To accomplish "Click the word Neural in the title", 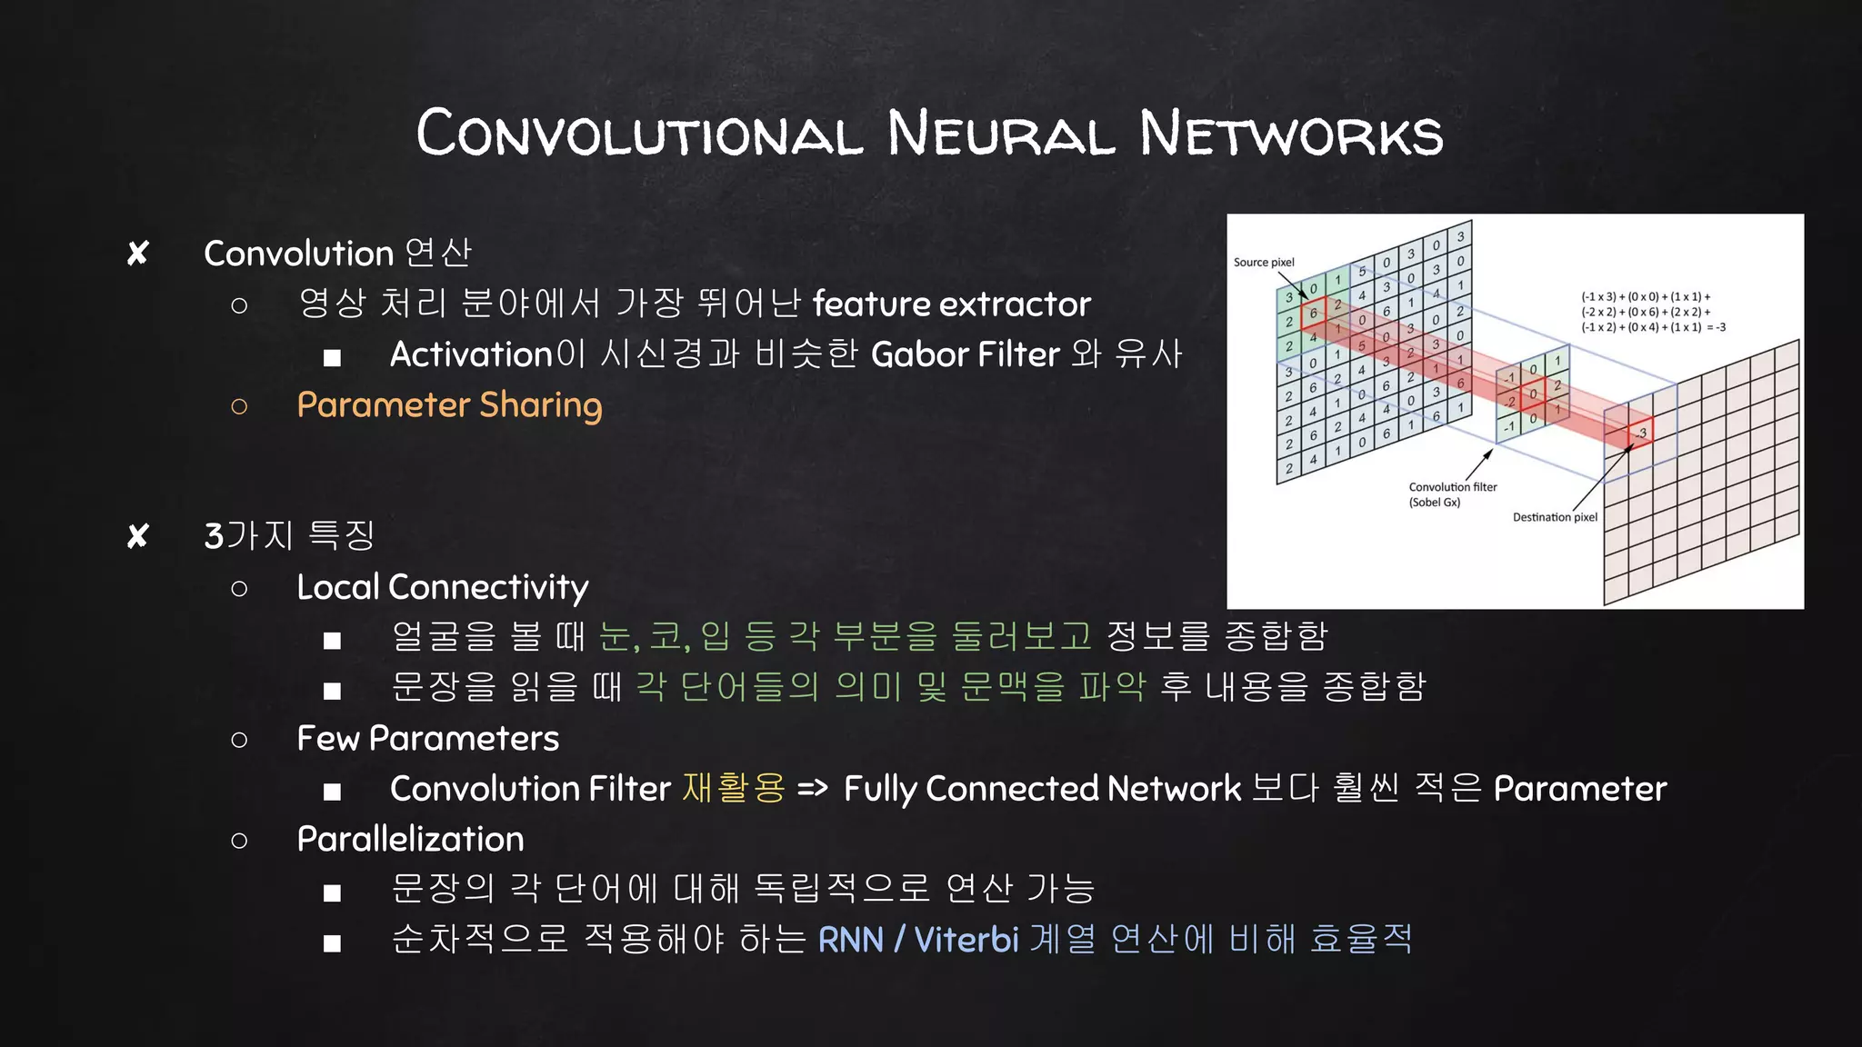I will click(x=1000, y=134).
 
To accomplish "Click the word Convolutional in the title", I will click(x=639, y=134).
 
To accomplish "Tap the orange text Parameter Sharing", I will click(x=449, y=405).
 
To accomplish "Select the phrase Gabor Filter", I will click(x=966, y=354).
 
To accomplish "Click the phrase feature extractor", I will click(x=951, y=304).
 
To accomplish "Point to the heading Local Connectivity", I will click(x=442, y=587).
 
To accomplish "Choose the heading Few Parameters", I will click(x=427, y=739).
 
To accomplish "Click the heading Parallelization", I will click(x=410, y=839).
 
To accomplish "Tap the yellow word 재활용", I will click(x=733, y=788).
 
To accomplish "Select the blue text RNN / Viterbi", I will click(x=918, y=940).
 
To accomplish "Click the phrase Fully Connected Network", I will click(x=1042, y=789).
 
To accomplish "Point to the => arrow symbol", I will click(x=813, y=788).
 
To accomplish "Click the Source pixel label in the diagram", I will click(x=1264, y=263).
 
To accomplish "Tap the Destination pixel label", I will click(x=1555, y=517).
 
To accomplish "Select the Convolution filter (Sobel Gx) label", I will click(x=1452, y=494).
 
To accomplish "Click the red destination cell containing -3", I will click(x=1640, y=434).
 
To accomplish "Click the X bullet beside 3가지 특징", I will click(x=138, y=536).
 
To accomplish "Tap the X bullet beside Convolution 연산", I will click(x=138, y=254).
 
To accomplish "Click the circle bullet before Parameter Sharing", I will click(x=239, y=406).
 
